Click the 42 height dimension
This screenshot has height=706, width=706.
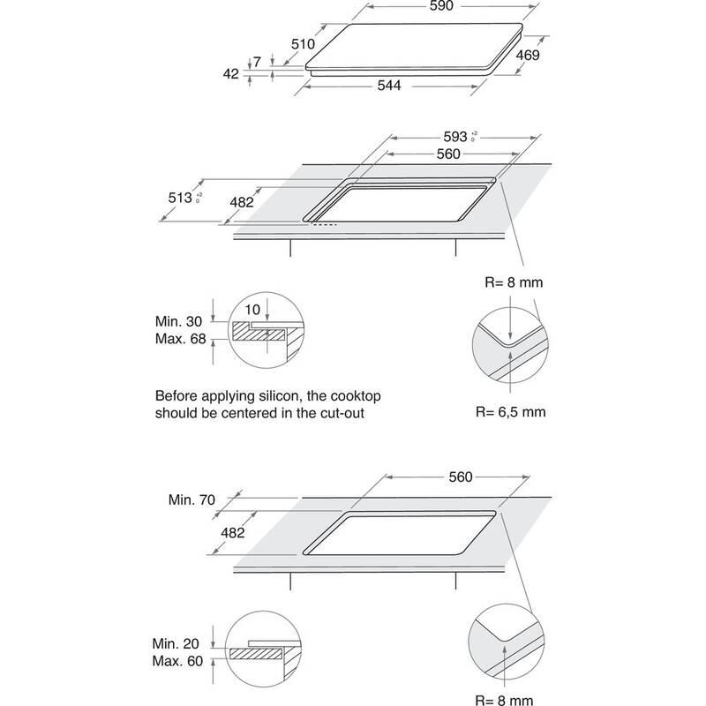point(231,74)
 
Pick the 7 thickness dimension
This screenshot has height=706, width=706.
point(257,62)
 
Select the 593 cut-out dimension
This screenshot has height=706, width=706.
point(454,138)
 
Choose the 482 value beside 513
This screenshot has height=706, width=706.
point(240,202)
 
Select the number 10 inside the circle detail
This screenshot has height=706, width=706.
point(253,310)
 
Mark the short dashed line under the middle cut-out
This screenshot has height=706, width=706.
point(322,223)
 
